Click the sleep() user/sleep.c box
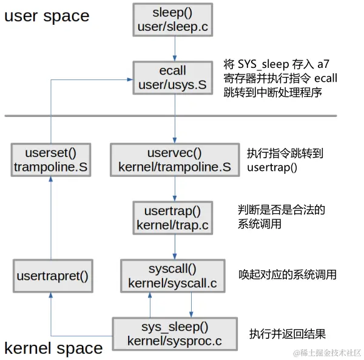pos(175,19)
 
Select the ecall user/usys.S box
pos(175,78)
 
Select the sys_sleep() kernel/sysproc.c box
pos(174,334)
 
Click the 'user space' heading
pos(47,16)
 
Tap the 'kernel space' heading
pos(53,348)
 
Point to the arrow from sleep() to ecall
pos(175,48)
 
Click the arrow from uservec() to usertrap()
pos(175,189)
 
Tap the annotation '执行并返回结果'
pos(288,334)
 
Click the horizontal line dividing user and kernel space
pos(170,115)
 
